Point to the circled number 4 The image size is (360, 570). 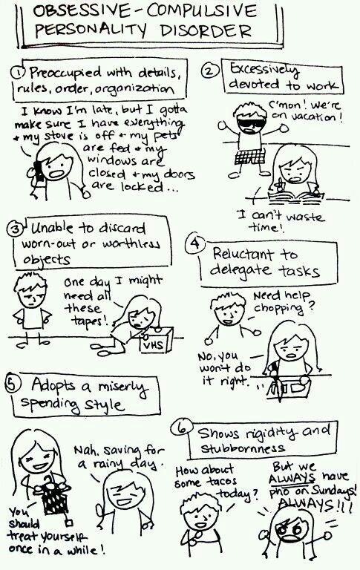(x=195, y=243)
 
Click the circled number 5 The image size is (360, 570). (x=12, y=384)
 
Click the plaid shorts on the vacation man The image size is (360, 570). (x=250, y=156)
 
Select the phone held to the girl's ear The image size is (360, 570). (x=38, y=171)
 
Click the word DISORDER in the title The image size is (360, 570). (x=206, y=30)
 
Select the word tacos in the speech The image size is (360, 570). (x=222, y=482)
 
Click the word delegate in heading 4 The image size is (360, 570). (x=240, y=269)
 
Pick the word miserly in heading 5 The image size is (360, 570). (x=122, y=388)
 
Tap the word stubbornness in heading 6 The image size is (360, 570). (x=243, y=448)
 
